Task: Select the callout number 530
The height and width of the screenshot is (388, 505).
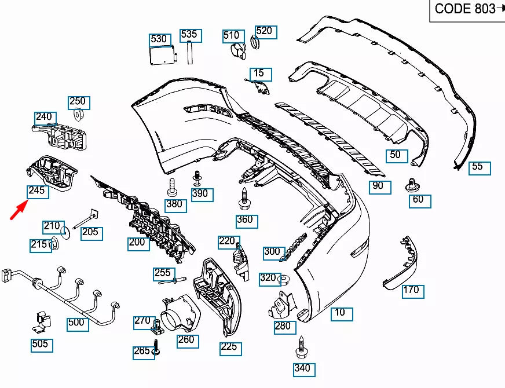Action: point(159,39)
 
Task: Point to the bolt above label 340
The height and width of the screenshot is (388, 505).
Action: point(301,348)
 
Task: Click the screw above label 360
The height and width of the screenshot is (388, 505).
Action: point(244,200)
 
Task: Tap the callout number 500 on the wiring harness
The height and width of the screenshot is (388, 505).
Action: point(78,323)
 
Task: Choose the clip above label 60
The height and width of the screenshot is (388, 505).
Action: point(414,185)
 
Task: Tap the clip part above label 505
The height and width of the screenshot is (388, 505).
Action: point(41,321)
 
